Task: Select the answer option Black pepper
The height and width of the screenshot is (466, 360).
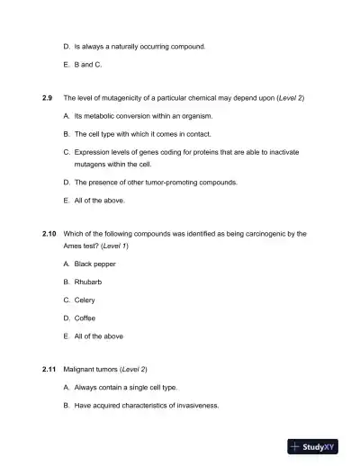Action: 94,264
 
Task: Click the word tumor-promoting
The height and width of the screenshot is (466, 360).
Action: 164,182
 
